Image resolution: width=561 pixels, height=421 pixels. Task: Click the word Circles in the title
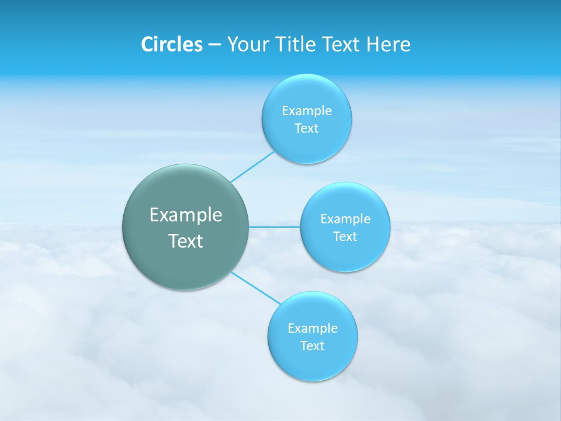[x=171, y=44]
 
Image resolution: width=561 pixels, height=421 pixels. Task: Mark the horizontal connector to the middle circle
[x=275, y=227]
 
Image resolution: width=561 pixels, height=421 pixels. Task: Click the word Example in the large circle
[x=186, y=215]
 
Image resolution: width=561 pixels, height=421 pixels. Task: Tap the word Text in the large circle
[x=186, y=241]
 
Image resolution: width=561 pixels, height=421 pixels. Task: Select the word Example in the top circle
[x=306, y=111]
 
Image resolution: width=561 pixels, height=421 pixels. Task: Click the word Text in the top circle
[x=306, y=128]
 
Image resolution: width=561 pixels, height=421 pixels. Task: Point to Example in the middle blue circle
[x=345, y=219]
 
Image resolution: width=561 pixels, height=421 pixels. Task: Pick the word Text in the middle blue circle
[x=345, y=236]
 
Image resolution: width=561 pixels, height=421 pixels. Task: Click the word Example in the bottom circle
[x=312, y=328]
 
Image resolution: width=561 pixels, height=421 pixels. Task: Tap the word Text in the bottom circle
[x=312, y=346]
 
